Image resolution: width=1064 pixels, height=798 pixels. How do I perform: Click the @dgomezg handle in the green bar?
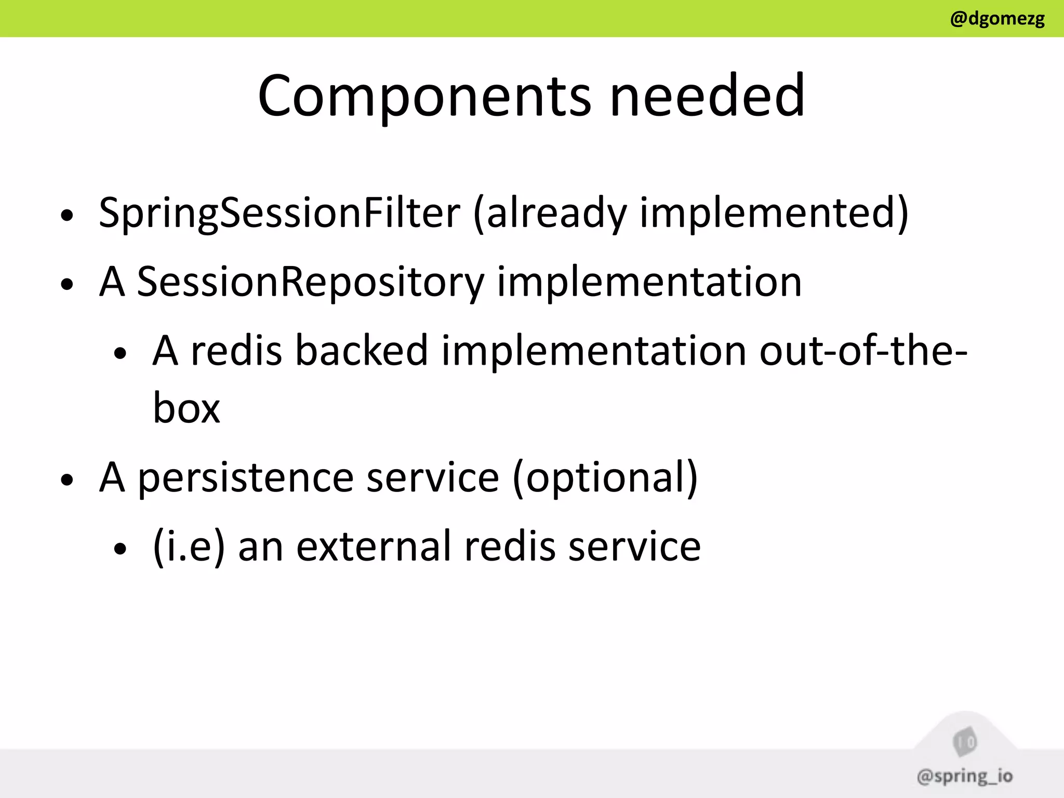[x=997, y=19]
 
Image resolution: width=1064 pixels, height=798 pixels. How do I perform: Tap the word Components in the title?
[x=424, y=96]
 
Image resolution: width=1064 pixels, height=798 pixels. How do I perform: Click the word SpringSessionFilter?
[x=280, y=213]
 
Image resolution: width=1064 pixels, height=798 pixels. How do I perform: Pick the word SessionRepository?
[x=310, y=282]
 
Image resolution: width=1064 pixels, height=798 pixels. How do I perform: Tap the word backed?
[x=362, y=351]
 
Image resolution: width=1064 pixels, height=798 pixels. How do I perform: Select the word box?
[x=187, y=408]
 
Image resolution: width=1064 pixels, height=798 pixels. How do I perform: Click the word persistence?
[x=246, y=477]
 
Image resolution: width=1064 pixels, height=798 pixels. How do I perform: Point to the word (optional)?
[x=605, y=477]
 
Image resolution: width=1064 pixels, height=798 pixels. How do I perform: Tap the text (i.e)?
[x=189, y=547]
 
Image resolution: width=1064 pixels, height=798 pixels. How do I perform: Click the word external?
[x=374, y=547]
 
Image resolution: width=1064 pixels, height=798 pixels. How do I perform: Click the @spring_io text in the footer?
[x=964, y=776]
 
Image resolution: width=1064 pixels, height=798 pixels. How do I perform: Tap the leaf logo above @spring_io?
[x=965, y=742]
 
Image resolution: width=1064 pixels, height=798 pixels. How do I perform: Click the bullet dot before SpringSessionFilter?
[x=66, y=215]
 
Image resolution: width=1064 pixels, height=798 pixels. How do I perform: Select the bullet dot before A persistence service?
[x=66, y=480]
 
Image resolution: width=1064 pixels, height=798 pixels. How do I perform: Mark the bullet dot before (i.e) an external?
[x=120, y=549]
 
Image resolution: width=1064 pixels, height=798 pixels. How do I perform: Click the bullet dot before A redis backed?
[x=120, y=353]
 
